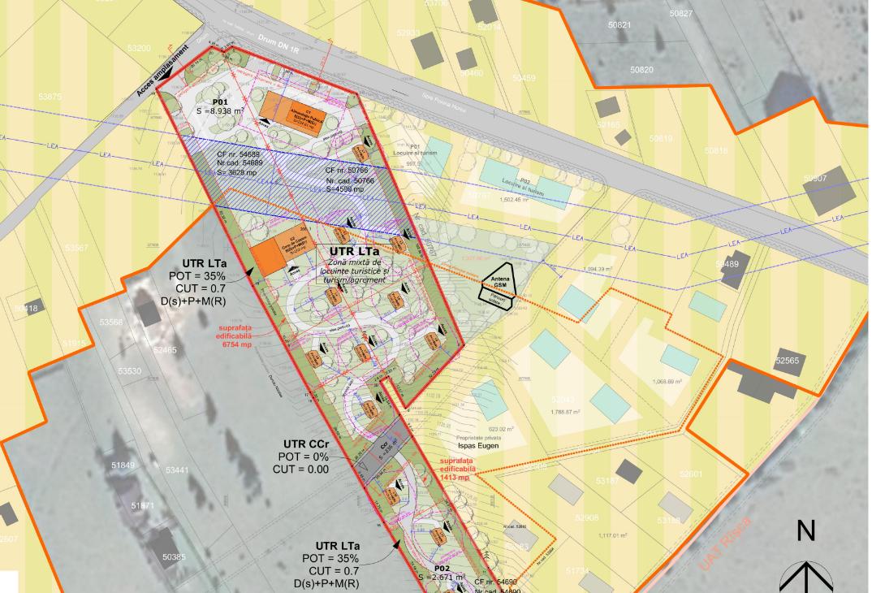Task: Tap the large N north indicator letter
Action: (x=805, y=531)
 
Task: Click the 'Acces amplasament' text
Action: (x=168, y=70)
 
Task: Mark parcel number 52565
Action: (x=787, y=361)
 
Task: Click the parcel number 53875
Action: (x=50, y=97)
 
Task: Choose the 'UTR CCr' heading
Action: (x=306, y=444)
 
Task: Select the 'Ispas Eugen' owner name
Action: (x=476, y=446)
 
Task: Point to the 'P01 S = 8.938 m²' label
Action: (x=220, y=106)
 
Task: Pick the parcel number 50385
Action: (x=173, y=557)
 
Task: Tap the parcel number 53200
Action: (x=138, y=49)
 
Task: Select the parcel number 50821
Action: (x=619, y=25)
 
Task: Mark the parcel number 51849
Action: (x=123, y=465)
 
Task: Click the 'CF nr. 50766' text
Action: (x=347, y=171)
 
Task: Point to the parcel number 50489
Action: (x=727, y=264)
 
